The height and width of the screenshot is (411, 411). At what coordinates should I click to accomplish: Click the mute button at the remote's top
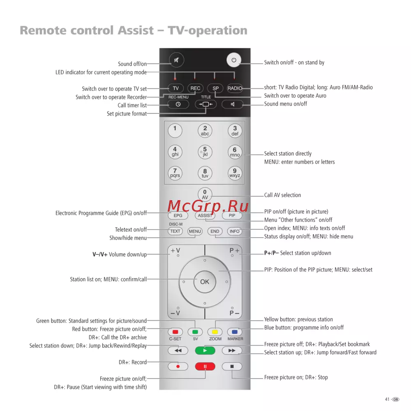coord(176,60)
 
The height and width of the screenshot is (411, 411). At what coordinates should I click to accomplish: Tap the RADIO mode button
coord(235,88)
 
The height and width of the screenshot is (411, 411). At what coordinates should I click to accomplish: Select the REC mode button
coord(195,88)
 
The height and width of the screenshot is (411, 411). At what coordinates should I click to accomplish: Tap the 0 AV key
coord(205,194)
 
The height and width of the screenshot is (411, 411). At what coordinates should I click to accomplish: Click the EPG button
coord(178,215)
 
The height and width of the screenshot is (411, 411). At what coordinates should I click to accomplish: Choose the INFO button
coord(234,231)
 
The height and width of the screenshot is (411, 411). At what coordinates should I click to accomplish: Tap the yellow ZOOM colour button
coord(215,332)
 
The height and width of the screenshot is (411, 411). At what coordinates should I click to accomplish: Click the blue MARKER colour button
coord(235,332)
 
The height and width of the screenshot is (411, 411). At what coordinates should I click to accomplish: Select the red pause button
coord(205,367)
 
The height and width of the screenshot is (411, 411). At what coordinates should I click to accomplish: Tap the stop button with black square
coord(232,367)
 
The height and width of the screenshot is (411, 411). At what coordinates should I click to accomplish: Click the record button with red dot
coord(178,367)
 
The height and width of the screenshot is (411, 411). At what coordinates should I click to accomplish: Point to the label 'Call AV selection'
coord(282,195)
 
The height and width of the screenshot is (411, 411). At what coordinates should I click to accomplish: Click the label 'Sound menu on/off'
coord(286,104)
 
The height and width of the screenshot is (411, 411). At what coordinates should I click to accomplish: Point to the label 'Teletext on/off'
coord(131,230)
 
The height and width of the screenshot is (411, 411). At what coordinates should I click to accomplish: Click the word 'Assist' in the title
coord(136,30)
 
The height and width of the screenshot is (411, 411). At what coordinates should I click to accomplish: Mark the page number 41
coord(387,399)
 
